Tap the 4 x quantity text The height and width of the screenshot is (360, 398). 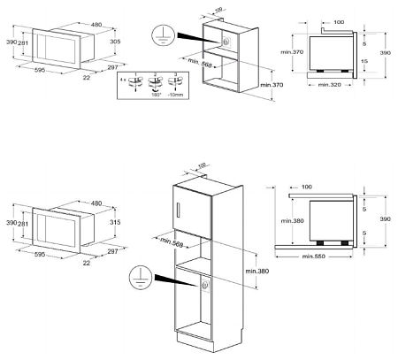[125, 81]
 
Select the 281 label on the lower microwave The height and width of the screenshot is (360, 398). [23, 225]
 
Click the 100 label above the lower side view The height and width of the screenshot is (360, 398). [307, 188]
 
